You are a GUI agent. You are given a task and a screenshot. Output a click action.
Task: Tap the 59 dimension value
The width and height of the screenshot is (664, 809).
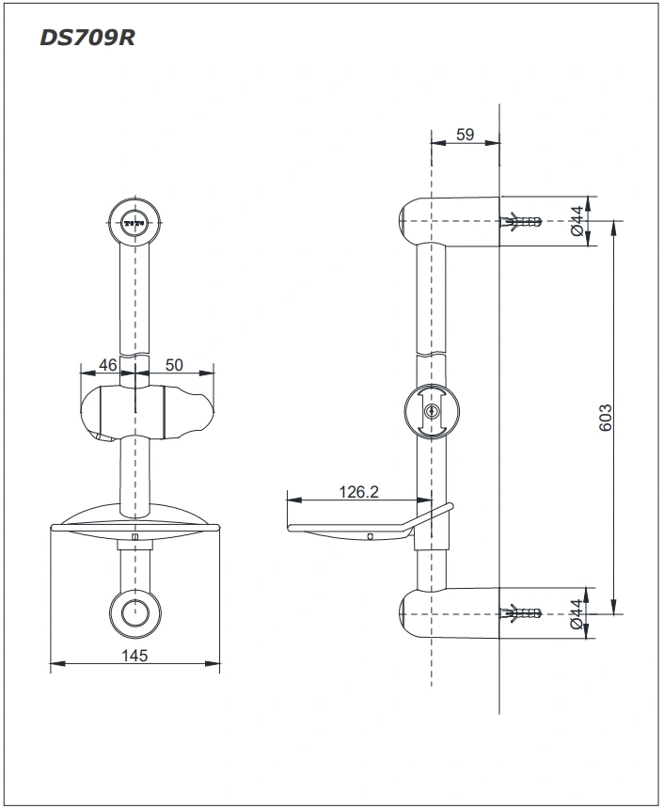[465, 135]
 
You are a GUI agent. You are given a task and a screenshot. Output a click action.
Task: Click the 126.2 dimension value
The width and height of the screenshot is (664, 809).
[359, 491]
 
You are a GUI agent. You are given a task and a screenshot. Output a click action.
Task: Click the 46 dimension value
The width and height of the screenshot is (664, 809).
[108, 364]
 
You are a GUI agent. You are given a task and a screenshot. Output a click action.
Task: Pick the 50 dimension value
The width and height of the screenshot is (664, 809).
[174, 364]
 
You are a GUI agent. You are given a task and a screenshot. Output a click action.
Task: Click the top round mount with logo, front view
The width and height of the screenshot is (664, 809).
[134, 223]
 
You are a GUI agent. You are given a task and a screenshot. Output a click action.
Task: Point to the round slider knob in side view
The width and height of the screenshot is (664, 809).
[433, 412]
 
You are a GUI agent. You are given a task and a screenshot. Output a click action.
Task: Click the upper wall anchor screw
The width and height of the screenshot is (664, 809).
[522, 222]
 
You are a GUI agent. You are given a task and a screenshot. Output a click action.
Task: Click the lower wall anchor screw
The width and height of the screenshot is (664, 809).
[522, 614]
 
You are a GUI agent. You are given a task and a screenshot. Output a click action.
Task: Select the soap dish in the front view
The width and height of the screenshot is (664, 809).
[134, 528]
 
